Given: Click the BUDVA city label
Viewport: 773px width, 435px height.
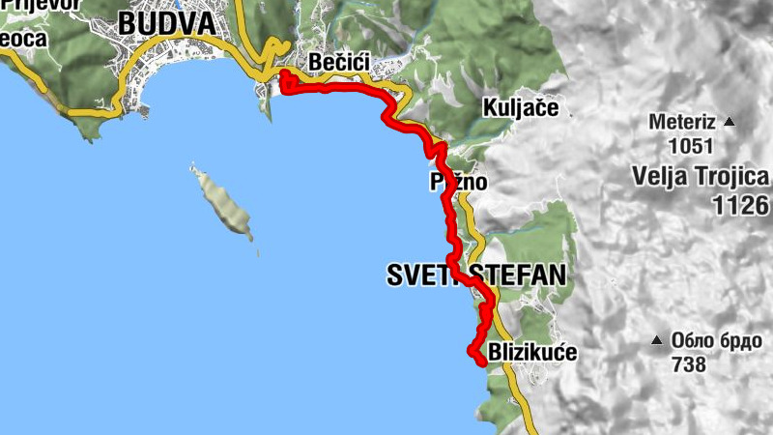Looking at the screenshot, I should [166, 23].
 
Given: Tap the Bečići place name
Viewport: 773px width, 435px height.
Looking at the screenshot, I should [339, 63].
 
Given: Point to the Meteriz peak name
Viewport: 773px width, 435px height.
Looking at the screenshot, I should [682, 124].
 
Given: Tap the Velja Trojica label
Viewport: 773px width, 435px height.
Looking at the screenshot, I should [701, 177].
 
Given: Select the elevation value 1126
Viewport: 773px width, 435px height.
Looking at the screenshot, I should [739, 205].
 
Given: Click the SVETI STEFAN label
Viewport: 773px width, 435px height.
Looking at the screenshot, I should [475, 275].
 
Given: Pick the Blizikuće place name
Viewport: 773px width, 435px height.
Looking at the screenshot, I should [533, 353].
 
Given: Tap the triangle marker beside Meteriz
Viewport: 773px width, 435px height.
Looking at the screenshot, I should [730, 123].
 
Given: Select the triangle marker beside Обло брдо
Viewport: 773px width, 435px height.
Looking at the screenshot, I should [657, 340].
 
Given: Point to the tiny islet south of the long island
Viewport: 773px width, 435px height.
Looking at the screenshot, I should [258, 254].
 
